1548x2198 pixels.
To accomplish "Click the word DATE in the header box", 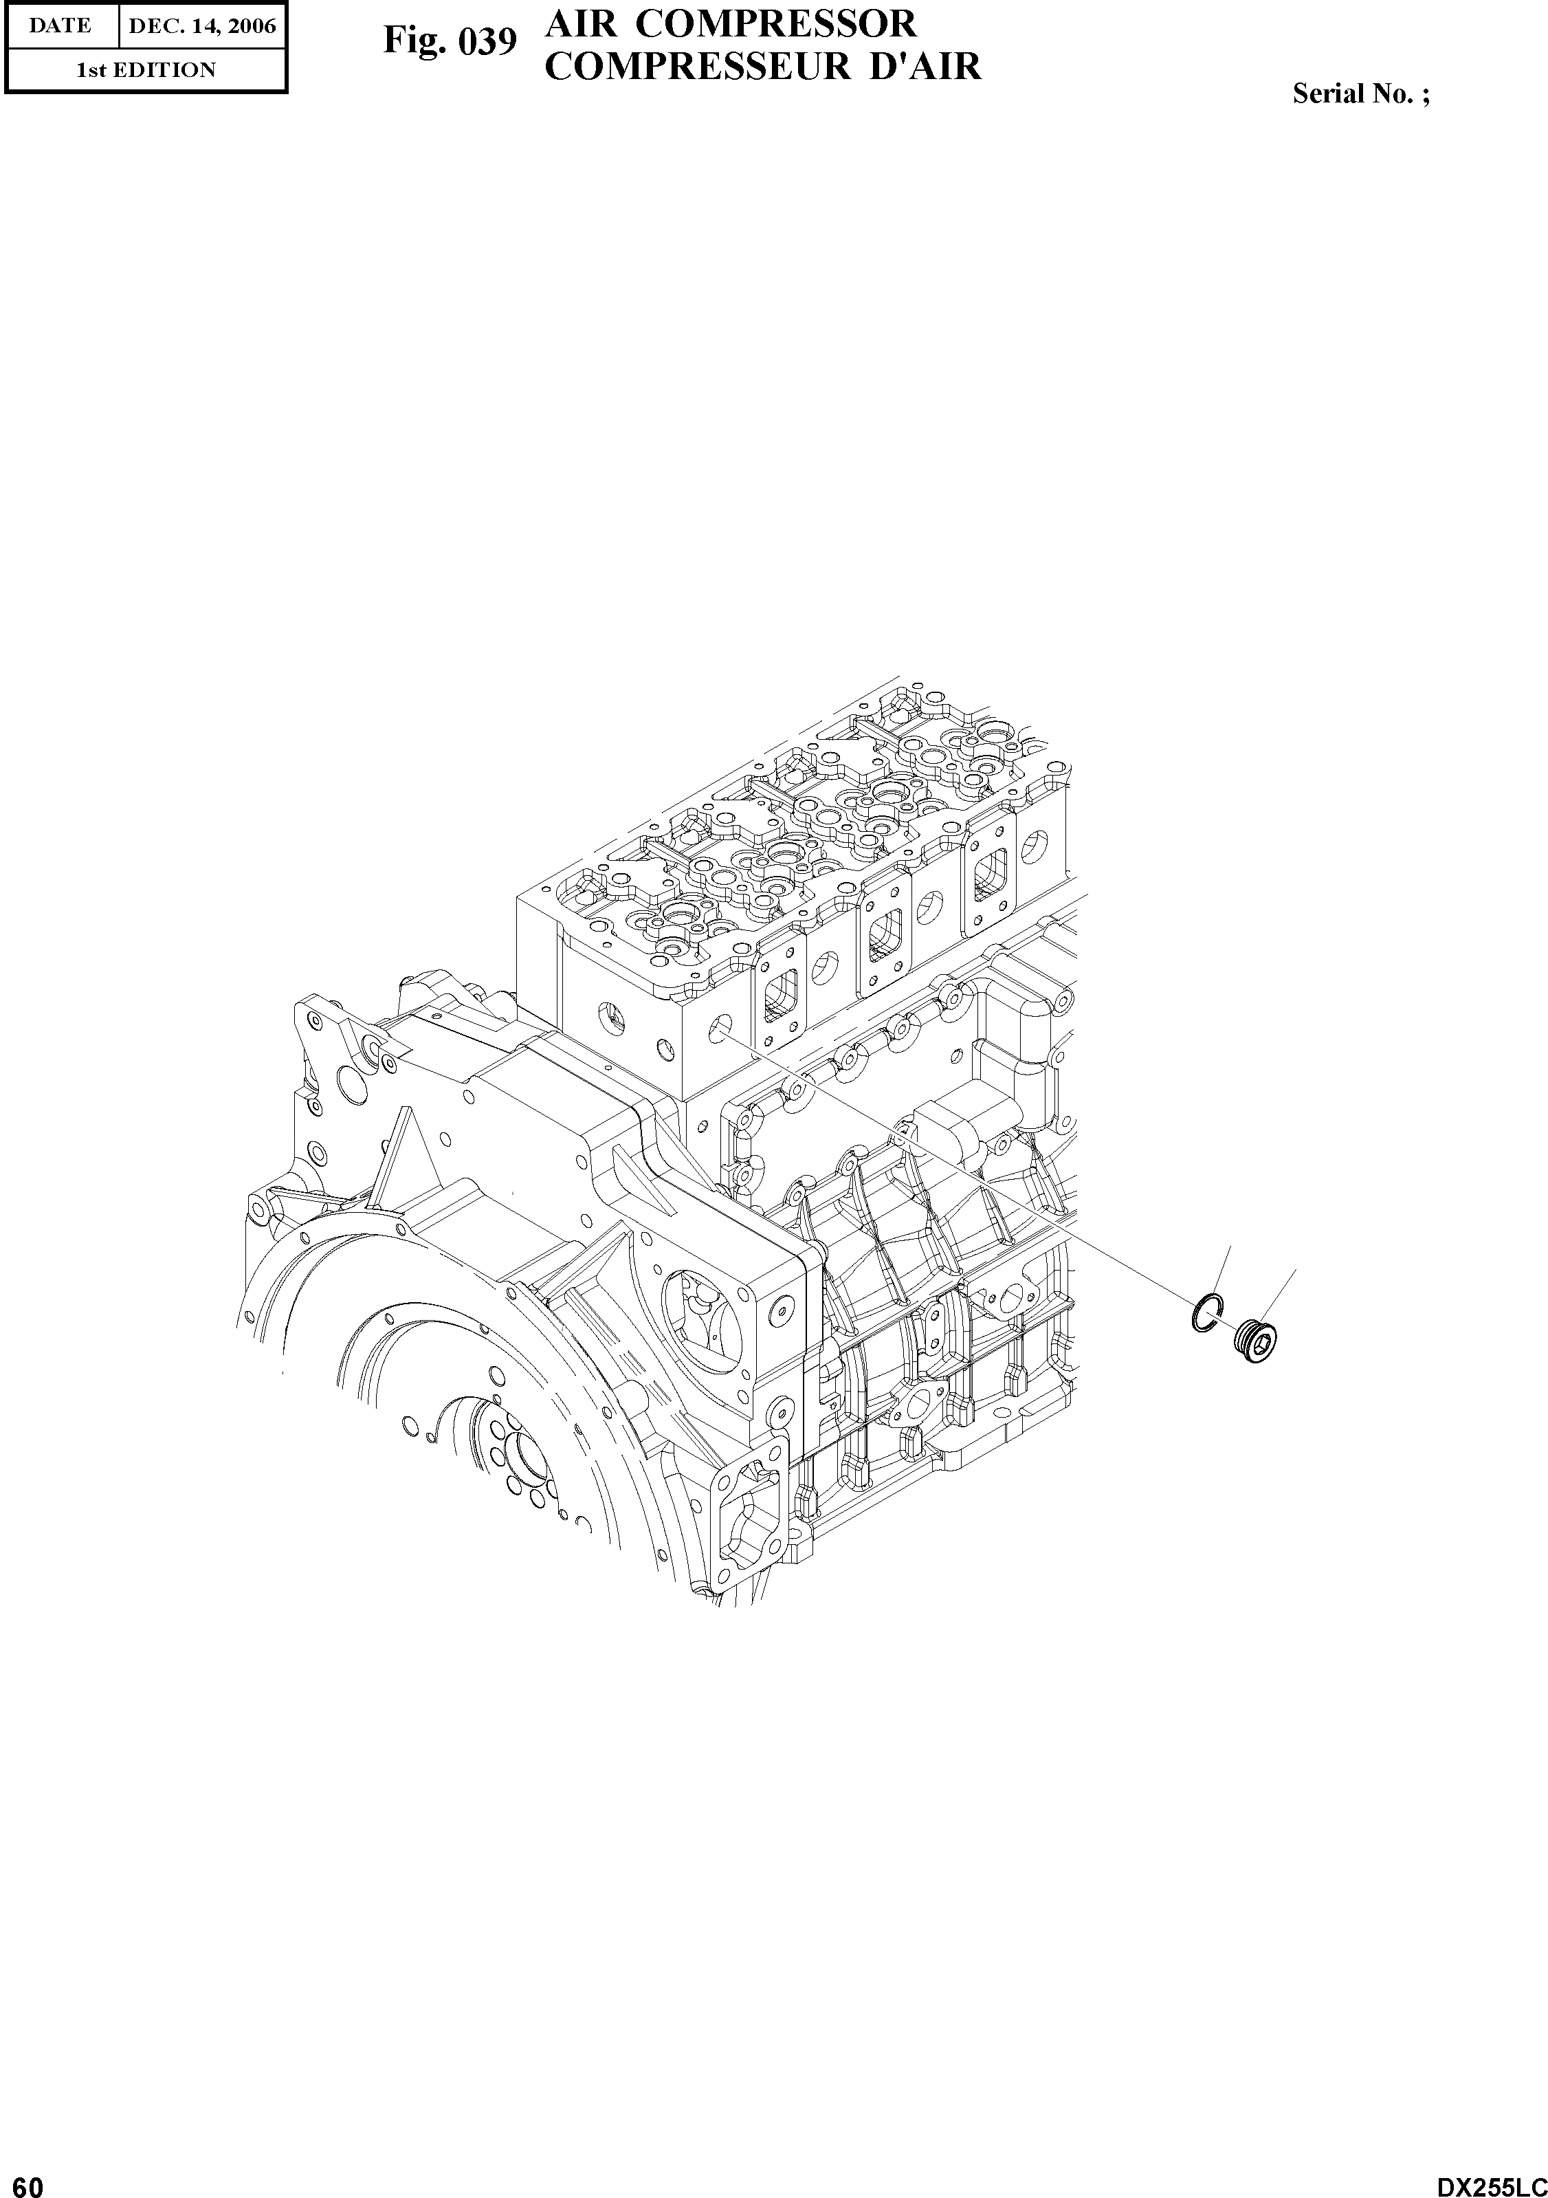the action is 60,26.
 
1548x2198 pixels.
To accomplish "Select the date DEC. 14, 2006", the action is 202,26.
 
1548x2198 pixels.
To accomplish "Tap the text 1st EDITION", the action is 146,70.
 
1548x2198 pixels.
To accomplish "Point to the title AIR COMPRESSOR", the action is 731,23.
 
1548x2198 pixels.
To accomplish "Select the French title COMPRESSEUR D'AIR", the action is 763,66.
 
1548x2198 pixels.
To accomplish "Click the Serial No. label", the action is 1361,94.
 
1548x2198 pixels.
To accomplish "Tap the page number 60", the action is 22,2180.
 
